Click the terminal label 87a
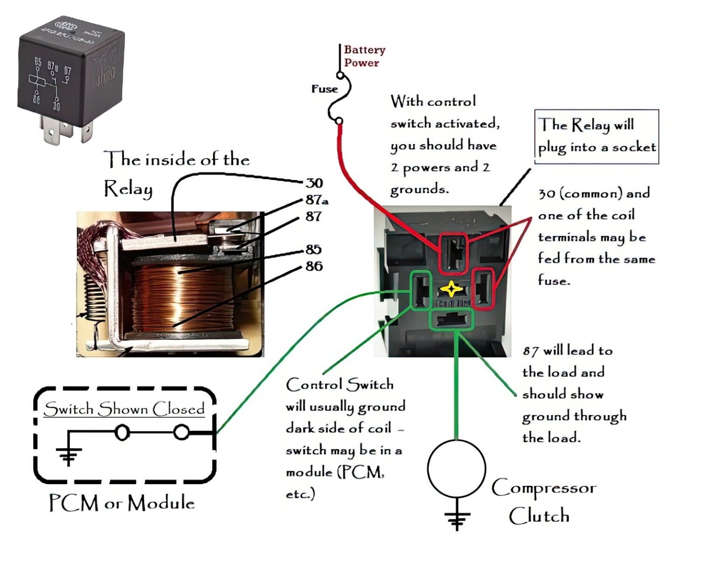point(317,201)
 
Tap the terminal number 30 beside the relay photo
point(314,183)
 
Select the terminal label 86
point(314,266)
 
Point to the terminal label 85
point(313,249)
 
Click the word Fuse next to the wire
point(324,89)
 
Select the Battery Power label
point(364,56)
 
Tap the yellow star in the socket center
point(451,289)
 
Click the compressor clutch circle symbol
point(456,468)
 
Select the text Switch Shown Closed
point(124,409)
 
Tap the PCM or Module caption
point(122,503)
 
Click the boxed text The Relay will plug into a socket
point(596,136)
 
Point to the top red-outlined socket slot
point(453,253)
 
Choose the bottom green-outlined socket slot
point(451,319)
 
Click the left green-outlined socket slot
point(421,291)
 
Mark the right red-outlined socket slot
point(483,289)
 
